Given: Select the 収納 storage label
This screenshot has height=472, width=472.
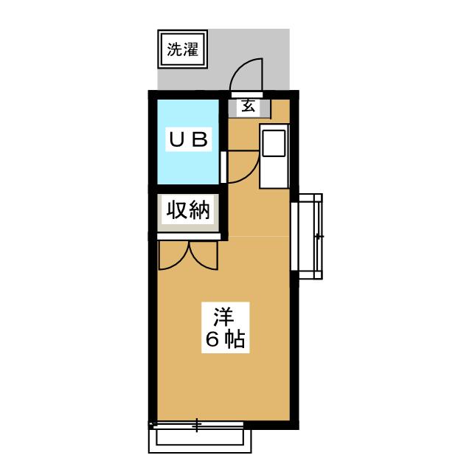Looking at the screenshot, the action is (188, 211).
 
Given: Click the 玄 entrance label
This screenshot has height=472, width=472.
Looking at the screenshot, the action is (249, 106).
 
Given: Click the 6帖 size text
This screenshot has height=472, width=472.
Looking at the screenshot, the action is (224, 341).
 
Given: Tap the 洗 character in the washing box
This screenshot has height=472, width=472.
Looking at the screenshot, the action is (175, 51).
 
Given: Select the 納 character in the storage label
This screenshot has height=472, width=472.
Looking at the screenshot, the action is (198, 211).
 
